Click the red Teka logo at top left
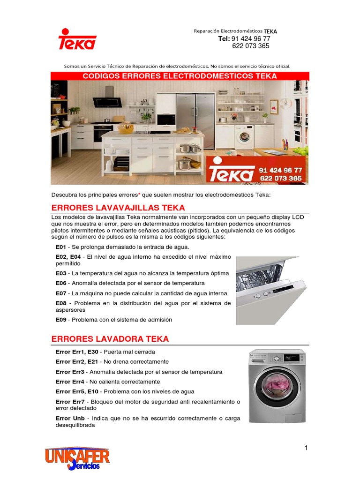(77, 39)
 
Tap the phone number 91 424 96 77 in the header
(251, 38)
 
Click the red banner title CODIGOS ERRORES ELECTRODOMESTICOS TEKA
(180, 76)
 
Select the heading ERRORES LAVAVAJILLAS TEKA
(118, 208)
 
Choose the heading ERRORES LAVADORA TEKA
(110, 339)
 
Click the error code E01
(61, 247)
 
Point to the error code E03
(61, 273)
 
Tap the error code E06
(61, 283)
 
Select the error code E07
(61, 293)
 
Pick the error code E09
(61, 320)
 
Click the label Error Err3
(70, 372)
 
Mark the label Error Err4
(70, 382)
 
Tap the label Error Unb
(70, 418)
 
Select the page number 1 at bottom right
(306, 448)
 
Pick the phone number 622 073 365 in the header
(251, 46)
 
